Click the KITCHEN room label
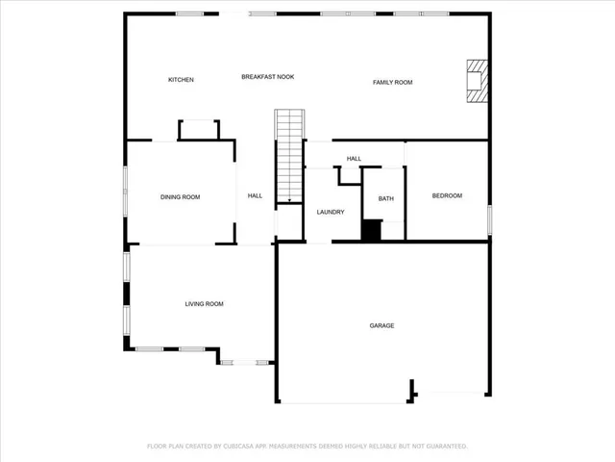coord(182,80)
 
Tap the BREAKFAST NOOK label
coord(267,76)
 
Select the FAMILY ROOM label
coord(392,83)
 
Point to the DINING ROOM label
coord(180,197)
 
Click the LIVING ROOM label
coord(204,304)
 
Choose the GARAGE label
coord(381,325)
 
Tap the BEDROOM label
coord(447,196)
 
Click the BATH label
coord(385,199)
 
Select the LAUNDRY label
coord(331,212)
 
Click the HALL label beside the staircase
coord(255,196)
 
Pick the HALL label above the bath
coord(354,159)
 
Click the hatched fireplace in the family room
coord(477,81)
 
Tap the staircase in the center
coord(289,154)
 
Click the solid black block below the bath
coord(371,231)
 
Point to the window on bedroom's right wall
coord(489,218)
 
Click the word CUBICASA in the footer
coord(244,447)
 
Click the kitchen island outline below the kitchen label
coord(199,129)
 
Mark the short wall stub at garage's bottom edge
coord(413,390)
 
